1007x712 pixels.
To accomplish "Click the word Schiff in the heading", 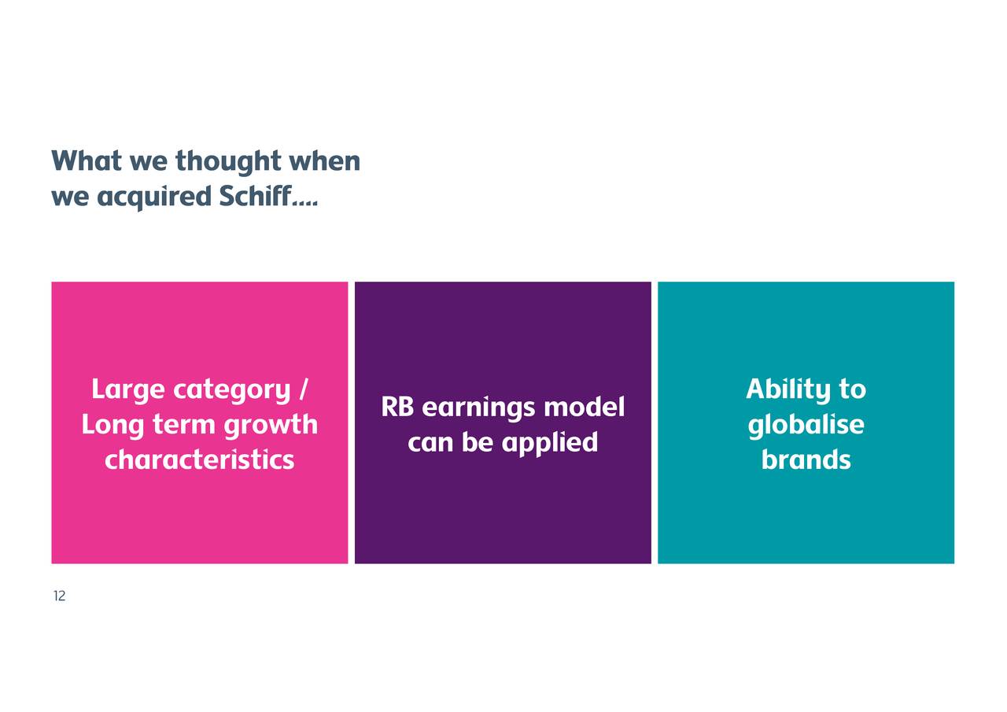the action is [x=256, y=196].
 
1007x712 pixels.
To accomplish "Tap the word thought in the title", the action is [x=228, y=161].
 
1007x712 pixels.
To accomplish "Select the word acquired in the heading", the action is [x=154, y=197].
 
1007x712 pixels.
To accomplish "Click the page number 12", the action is [x=59, y=596].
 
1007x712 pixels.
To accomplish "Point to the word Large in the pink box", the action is [x=128, y=390].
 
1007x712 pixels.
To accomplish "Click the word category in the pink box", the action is [x=232, y=390].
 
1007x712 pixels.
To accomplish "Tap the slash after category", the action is [x=304, y=389].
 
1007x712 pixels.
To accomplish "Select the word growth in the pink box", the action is [x=271, y=425].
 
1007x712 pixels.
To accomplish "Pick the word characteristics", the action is [x=200, y=459].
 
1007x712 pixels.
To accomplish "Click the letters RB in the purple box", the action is [x=397, y=407].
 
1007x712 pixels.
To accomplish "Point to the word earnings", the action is [x=479, y=408].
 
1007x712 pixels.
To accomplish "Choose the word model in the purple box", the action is [x=585, y=406].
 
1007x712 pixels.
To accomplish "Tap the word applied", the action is [x=550, y=443].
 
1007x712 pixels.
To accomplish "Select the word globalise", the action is [x=806, y=425].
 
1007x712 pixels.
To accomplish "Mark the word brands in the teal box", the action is [x=806, y=459].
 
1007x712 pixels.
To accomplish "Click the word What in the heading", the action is [x=87, y=160].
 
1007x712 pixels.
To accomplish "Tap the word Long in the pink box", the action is [x=113, y=425].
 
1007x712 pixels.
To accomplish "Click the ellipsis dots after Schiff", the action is [x=304, y=204].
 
